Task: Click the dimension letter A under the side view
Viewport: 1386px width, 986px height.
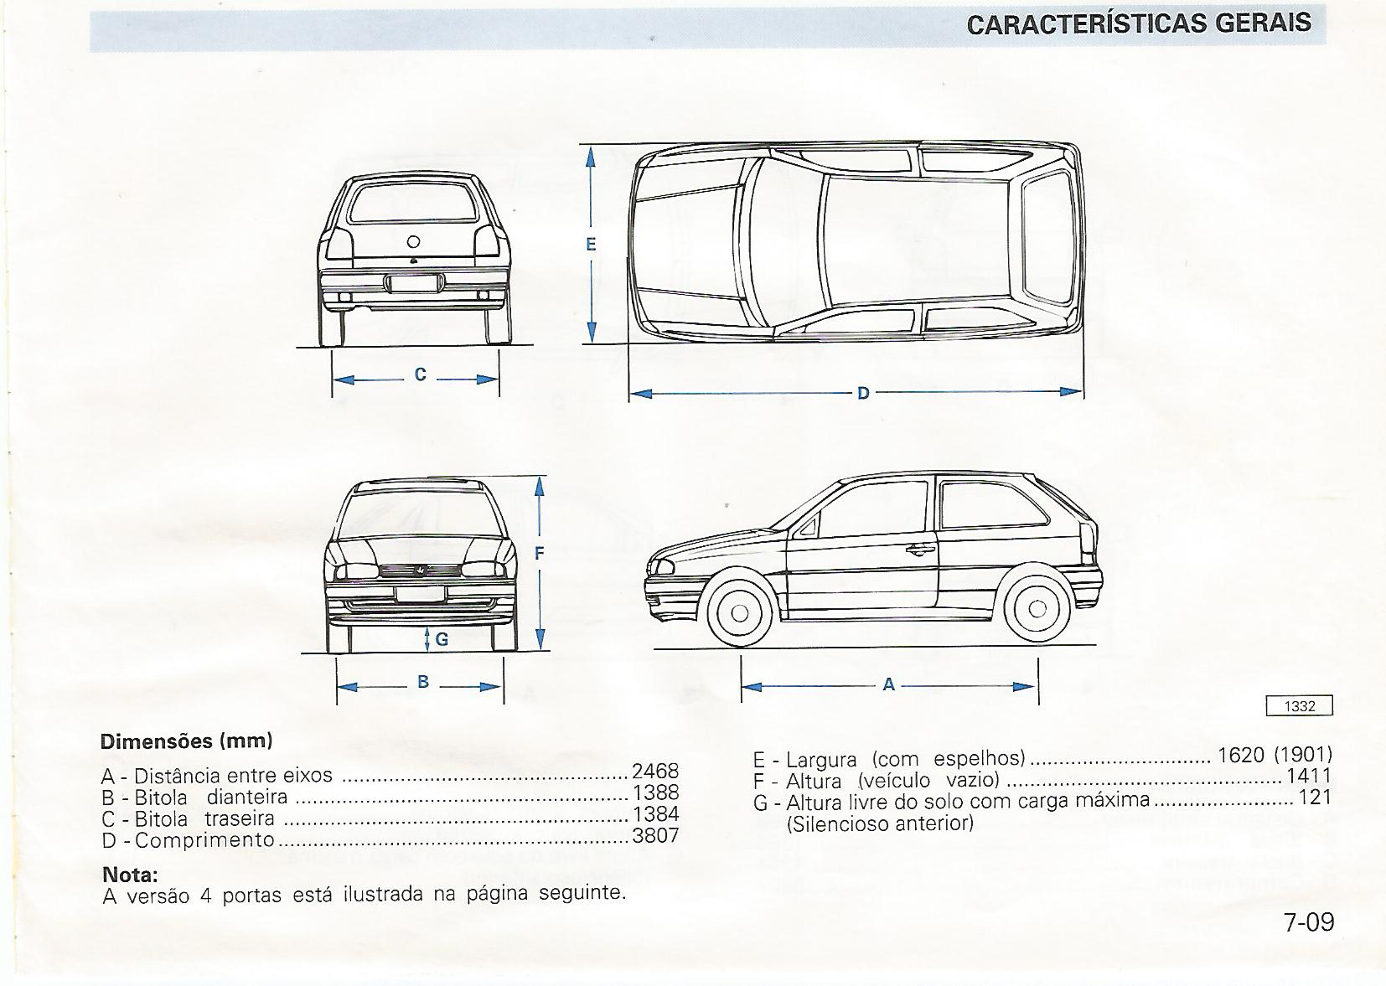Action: pyautogui.click(x=889, y=685)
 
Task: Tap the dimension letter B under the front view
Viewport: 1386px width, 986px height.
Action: pyautogui.click(x=423, y=682)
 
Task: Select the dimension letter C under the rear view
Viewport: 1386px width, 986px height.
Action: pyautogui.click(x=421, y=374)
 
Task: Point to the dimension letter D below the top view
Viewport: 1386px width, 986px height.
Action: pyautogui.click(x=863, y=392)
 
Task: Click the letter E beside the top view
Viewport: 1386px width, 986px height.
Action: pyautogui.click(x=591, y=245)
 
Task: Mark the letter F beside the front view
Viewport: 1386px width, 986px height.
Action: pyautogui.click(x=540, y=553)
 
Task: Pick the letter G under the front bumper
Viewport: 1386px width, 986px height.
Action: pyautogui.click(x=442, y=639)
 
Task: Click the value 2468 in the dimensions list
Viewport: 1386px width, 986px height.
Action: pyautogui.click(x=655, y=771)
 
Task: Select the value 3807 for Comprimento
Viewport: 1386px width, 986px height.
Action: pyautogui.click(x=655, y=835)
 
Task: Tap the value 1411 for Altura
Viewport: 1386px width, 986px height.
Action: pyautogui.click(x=1308, y=777)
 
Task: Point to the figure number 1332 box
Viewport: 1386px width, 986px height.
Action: pyautogui.click(x=1299, y=706)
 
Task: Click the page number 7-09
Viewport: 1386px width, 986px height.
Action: pyautogui.click(x=1308, y=921)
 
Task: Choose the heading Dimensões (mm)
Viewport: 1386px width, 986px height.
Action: pyautogui.click(x=187, y=741)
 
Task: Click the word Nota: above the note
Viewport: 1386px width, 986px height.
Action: pyautogui.click(x=130, y=875)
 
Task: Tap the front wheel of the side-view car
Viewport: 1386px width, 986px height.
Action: pyautogui.click(x=739, y=612)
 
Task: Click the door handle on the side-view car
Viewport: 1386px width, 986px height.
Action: pyautogui.click(x=920, y=550)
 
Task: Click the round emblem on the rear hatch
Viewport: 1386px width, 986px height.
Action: pyautogui.click(x=413, y=241)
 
